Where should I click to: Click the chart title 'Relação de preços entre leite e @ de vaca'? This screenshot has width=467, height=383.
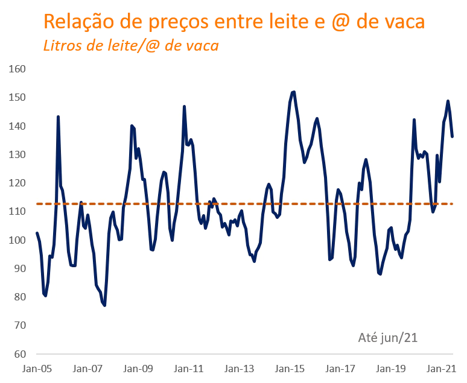coord(233,22)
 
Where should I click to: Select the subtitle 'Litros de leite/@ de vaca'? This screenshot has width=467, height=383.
coord(130,45)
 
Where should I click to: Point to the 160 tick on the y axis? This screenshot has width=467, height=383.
coord(17,69)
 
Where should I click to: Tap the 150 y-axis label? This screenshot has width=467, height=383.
coord(17,97)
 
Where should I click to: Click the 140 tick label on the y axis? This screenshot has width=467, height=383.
coord(17,126)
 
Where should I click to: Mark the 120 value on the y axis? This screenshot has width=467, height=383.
coord(17,183)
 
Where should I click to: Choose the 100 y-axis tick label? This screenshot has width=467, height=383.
coord(17,240)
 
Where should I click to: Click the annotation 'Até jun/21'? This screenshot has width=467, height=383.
coord(388,338)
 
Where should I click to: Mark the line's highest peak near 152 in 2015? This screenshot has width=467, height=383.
coord(294,92)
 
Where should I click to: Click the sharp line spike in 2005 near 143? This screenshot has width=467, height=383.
coord(58,116)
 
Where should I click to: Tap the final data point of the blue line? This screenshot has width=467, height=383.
coord(453,136)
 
